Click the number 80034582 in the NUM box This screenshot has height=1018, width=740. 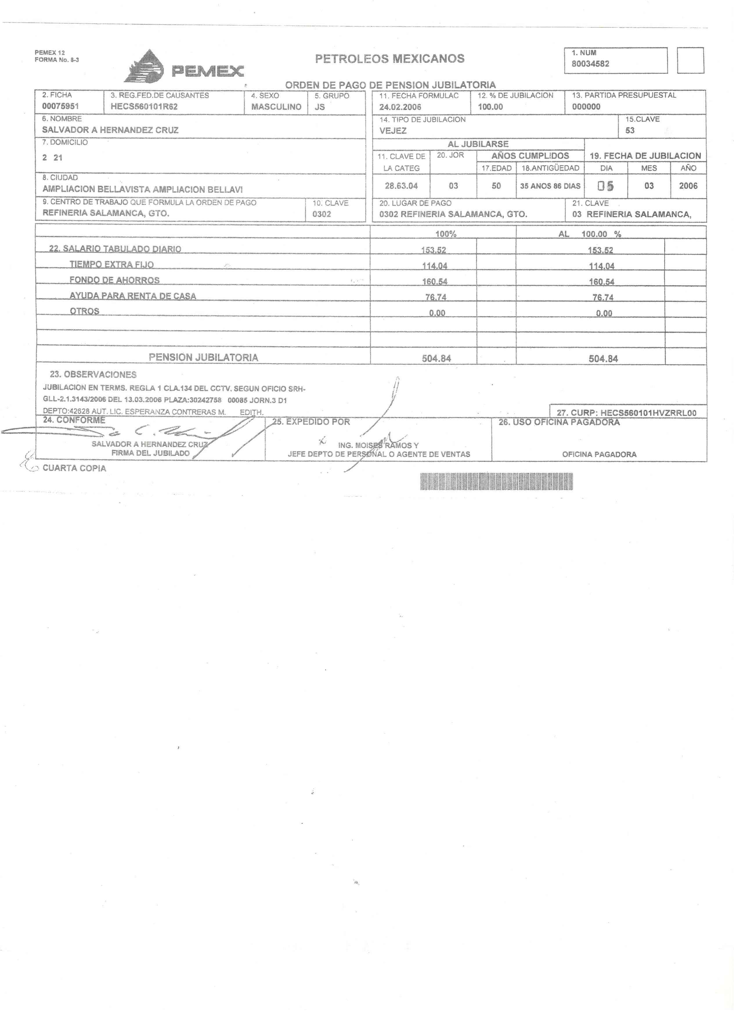(590, 64)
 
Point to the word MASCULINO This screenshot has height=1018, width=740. (276, 107)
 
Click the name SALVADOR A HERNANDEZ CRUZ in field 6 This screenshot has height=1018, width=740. (110, 130)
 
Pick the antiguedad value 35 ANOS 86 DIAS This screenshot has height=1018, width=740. (550, 186)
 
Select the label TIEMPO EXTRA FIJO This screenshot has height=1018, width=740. (111, 264)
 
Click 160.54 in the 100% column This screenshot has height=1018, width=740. (434, 282)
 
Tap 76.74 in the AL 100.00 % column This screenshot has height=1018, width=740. (603, 298)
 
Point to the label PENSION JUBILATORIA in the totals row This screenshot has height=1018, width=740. (203, 357)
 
